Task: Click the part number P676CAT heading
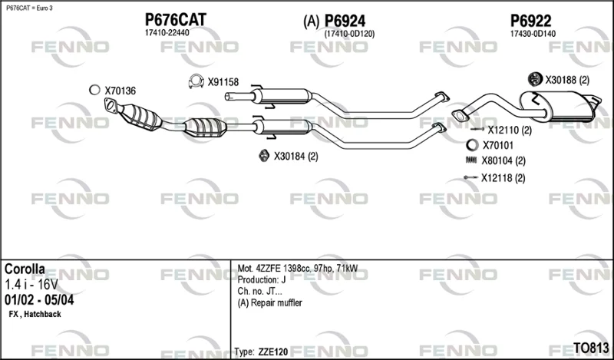coord(176,20)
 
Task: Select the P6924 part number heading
coord(345,21)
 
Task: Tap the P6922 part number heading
coord(530,21)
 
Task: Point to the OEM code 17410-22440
coord(167,33)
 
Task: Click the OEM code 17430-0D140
coord(533,34)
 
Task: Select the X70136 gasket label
coord(120,91)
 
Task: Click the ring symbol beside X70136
coord(94,90)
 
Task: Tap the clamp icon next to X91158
coord(196,81)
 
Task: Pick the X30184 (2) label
coord(295,157)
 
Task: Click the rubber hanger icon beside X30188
coord(534,80)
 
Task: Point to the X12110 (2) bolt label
coord(510,130)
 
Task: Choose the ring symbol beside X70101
coord(472,145)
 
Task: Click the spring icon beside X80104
coord(471,160)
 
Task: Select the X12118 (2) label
coord(503,178)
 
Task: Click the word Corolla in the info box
coord(25,269)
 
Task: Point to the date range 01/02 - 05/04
coord(39,300)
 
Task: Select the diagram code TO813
coord(591,348)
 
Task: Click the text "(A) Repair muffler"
coord(270,302)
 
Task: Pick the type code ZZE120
coord(273,352)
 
